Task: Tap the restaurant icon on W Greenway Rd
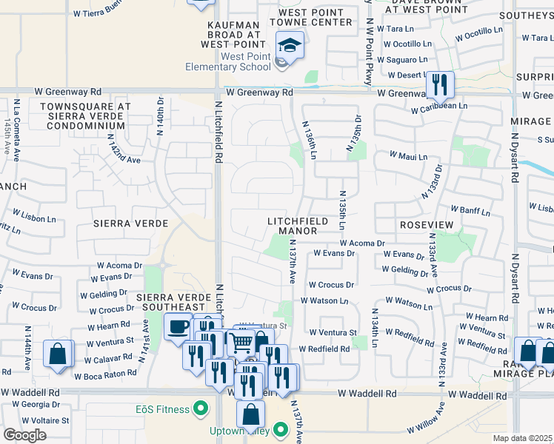pyautogui.click(x=441, y=84)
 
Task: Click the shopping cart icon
pyautogui.click(x=240, y=342)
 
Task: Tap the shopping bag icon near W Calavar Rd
pyautogui.click(x=58, y=353)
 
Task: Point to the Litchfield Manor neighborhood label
pyautogui.click(x=293, y=226)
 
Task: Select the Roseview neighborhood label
pyautogui.click(x=420, y=223)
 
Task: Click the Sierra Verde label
pyautogui.click(x=123, y=223)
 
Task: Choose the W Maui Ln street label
pyautogui.click(x=409, y=157)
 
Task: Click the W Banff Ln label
pyautogui.click(x=470, y=213)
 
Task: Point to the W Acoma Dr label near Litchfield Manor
pyautogui.click(x=363, y=243)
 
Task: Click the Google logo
pyautogui.click(x=24, y=435)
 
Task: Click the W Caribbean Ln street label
pyautogui.click(x=439, y=107)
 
